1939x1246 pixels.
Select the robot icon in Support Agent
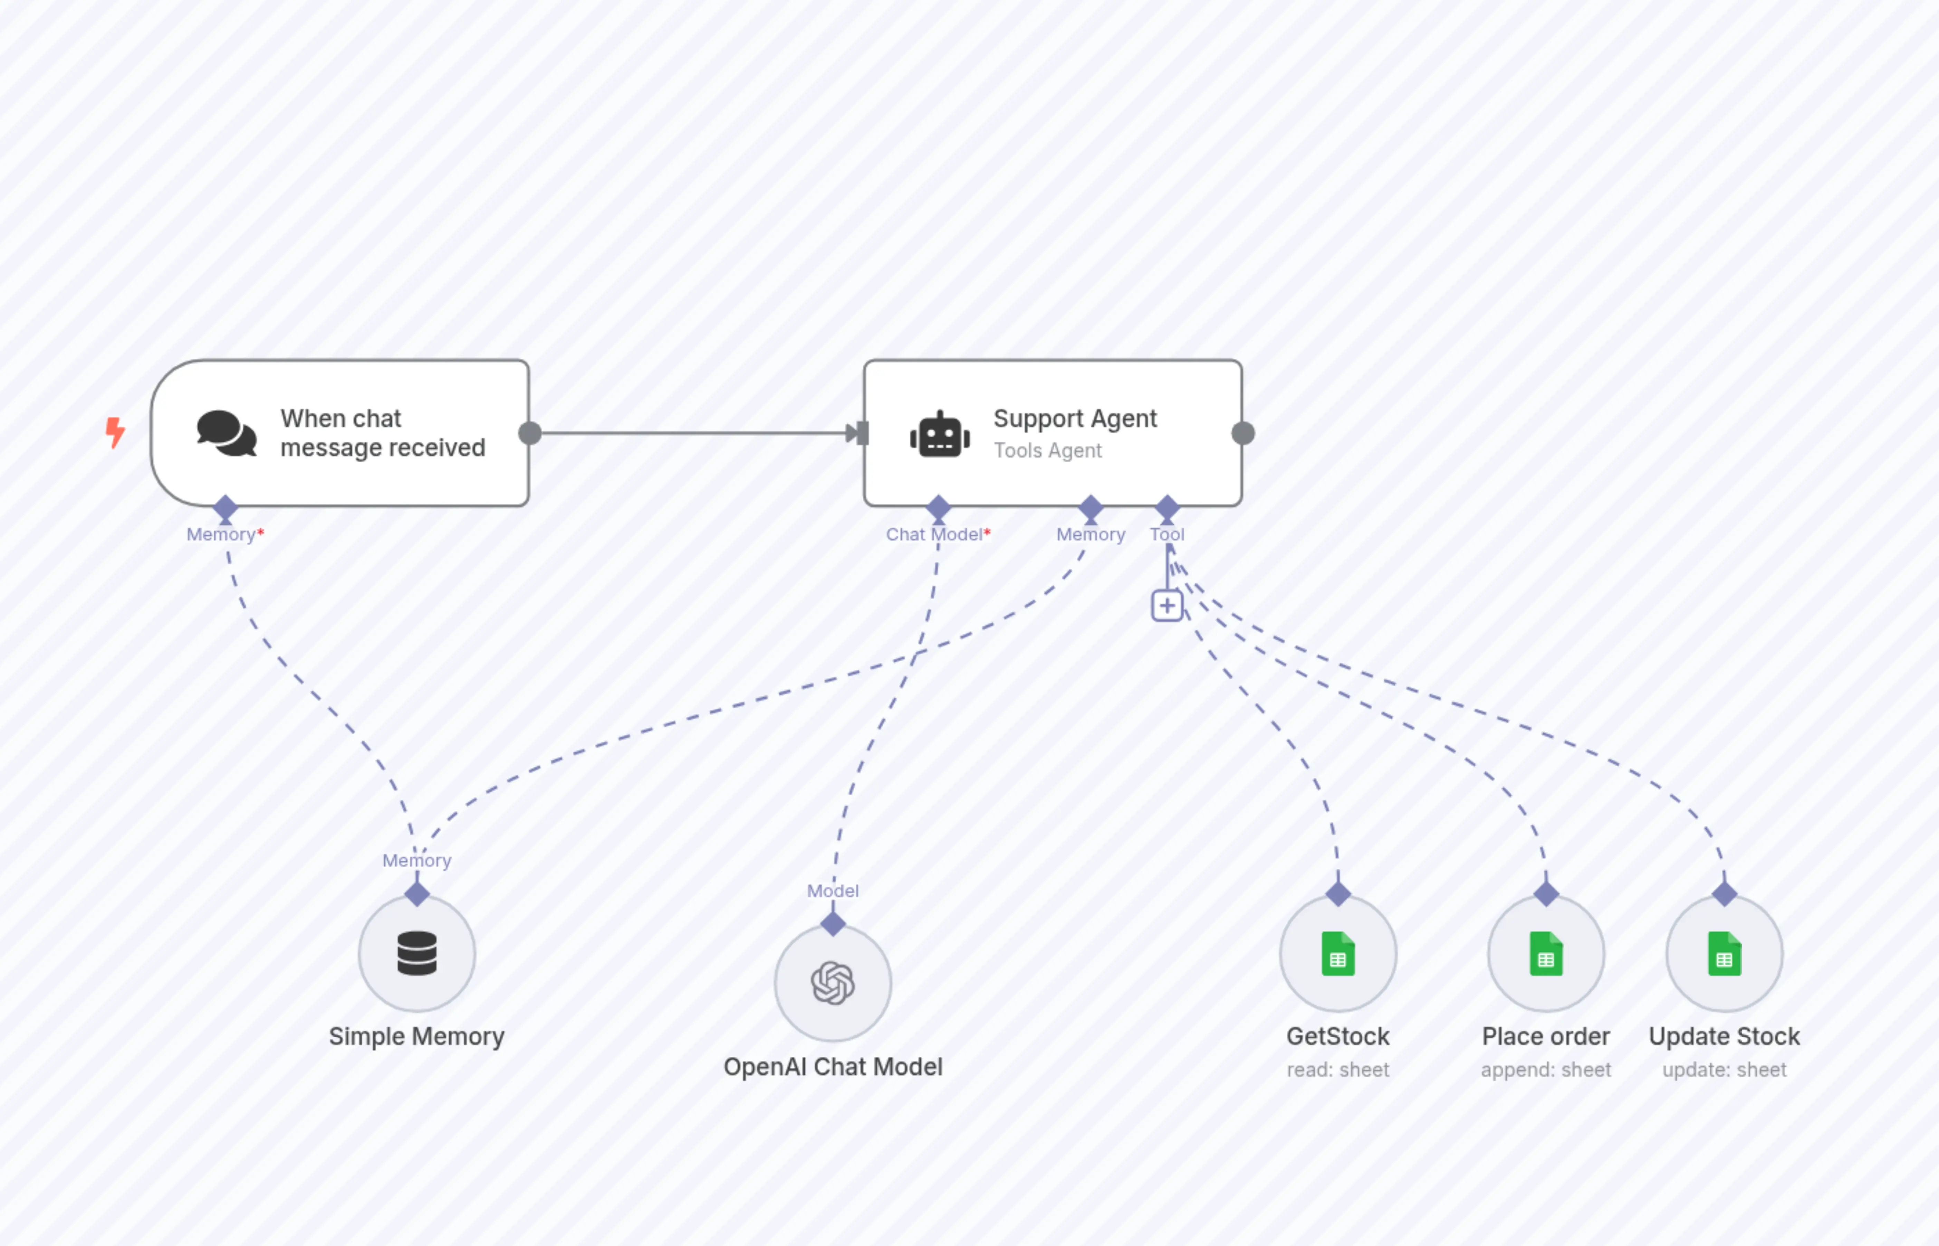[940, 434]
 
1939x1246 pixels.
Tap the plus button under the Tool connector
[1167, 605]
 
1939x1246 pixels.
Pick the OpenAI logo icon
[833, 983]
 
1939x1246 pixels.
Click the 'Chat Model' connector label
[935, 534]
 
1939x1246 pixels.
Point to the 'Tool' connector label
[1167, 534]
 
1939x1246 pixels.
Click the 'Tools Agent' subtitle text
[1047, 451]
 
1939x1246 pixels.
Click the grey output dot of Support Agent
[1243, 434]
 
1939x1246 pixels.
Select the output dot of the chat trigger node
[530, 434]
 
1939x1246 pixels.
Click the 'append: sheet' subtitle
[1546, 1070]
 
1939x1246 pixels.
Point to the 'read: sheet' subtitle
[1338, 1070]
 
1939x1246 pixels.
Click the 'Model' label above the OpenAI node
[833, 891]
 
